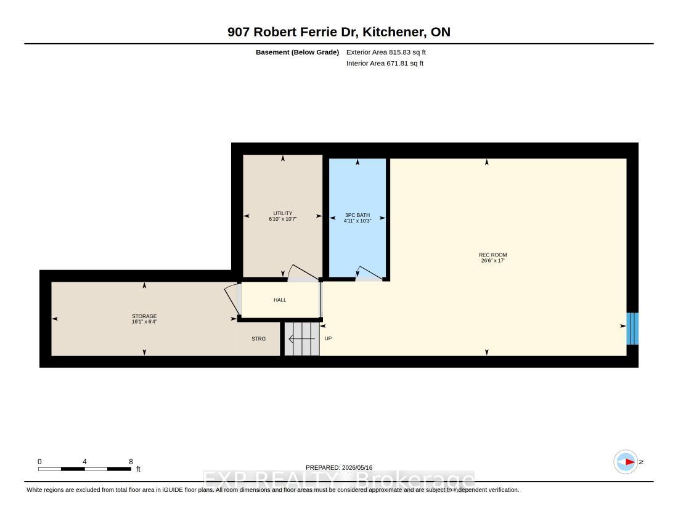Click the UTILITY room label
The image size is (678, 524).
pos(283,213)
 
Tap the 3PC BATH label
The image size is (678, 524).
pos(357,215)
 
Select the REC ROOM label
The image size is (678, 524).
pos(493,255)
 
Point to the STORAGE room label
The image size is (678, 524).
pos(144,316)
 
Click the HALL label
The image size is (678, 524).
pos(280,300)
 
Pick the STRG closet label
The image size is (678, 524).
pos(259,338)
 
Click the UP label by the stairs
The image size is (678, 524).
pos(328,338)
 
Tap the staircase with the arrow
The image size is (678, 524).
pos(302,339)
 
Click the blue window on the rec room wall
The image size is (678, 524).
pos(632,329)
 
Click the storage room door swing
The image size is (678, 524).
pos(232,299)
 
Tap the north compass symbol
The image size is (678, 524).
pos(626,462)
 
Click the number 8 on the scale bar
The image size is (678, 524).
pos(131,461)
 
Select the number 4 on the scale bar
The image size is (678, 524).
pos(85,461)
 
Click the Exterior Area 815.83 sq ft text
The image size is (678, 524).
pos(386,52)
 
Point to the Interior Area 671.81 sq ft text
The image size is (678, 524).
pos(385,63)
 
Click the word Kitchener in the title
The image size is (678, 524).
pos(393,32)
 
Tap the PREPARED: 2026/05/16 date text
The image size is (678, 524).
pos(339,467)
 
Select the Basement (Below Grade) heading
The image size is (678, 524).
pos(298,52)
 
